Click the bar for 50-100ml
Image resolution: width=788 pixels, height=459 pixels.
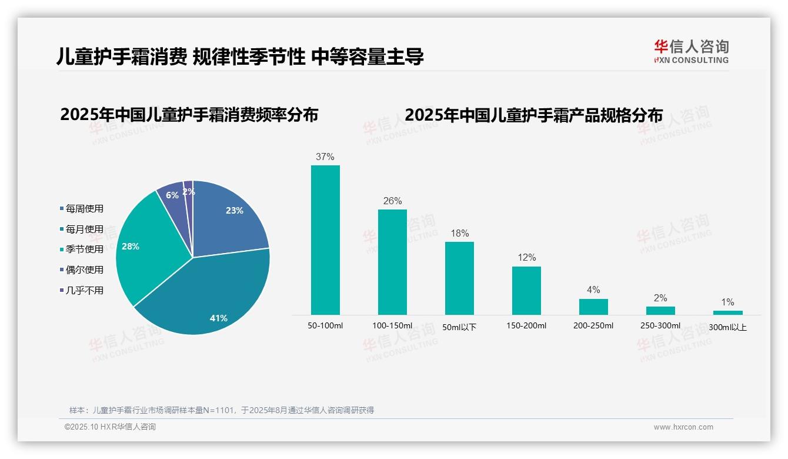[325, 240]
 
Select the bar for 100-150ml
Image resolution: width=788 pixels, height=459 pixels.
[392, 262]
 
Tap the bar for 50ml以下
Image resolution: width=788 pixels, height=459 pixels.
[459, 278]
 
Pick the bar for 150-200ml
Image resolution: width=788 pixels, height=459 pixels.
[526, 290]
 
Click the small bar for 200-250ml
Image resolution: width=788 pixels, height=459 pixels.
[593, 307]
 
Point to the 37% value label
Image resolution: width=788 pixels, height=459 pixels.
[325, 157]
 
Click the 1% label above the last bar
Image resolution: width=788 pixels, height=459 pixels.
[727, 302]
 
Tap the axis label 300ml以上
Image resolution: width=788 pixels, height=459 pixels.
[727, 327]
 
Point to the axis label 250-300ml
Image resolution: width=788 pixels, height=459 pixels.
[660, 325]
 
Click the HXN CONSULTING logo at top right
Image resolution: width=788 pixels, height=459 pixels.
[691, 51]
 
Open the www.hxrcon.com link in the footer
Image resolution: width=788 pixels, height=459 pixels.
[683, 427]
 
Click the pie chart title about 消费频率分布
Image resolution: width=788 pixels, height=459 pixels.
[189, 115]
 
